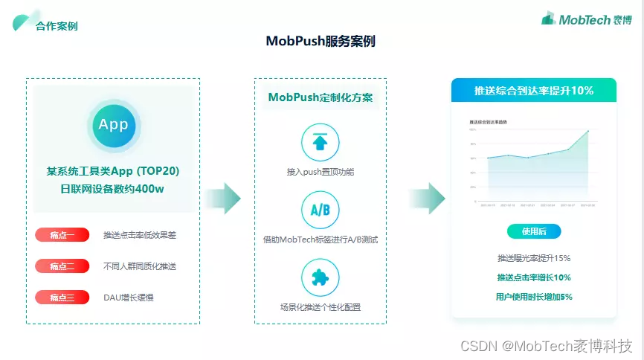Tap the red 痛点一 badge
click(x=62, y=235)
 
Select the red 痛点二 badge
click(x=62, y=266)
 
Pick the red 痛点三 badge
click(x=62, y=298)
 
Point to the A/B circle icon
click(x=320, y=210)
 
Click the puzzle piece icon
click(x=320, y=277)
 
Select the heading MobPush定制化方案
click(x=321, y=97)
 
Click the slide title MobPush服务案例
click(x=321, y=41)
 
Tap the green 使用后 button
click(x=533, y=231)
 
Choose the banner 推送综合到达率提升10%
click(x=533, y=90)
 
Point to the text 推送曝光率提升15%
click(x=533, y=258)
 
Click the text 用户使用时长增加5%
click(x=533, y=296)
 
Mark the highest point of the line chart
click(x=587, y=131)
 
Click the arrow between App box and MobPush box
click(x=223, y=198)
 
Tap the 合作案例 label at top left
click(x=57, y=26)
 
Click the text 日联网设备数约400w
click(x=112, y=189)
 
